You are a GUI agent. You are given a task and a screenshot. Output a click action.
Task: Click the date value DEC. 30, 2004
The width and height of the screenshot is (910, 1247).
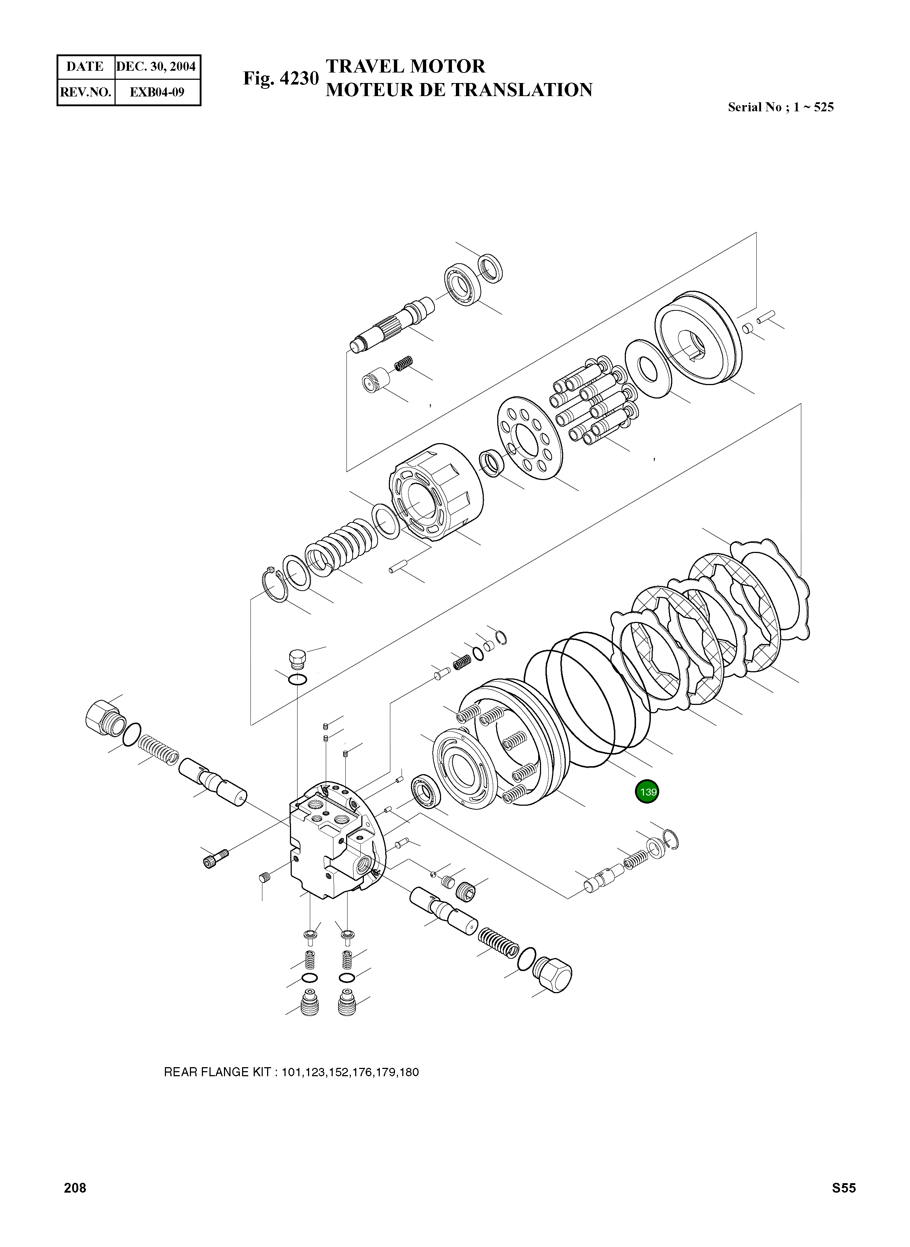(x=156, y=67)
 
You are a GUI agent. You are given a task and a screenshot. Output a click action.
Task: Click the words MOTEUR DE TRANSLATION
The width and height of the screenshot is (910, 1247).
(x=459, y=90)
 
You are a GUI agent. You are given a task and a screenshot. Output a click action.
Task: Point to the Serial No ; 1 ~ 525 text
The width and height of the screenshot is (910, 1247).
(x=781, y=107)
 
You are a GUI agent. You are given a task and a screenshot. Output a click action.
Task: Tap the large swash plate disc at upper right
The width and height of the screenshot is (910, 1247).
(x=697, y=338)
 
